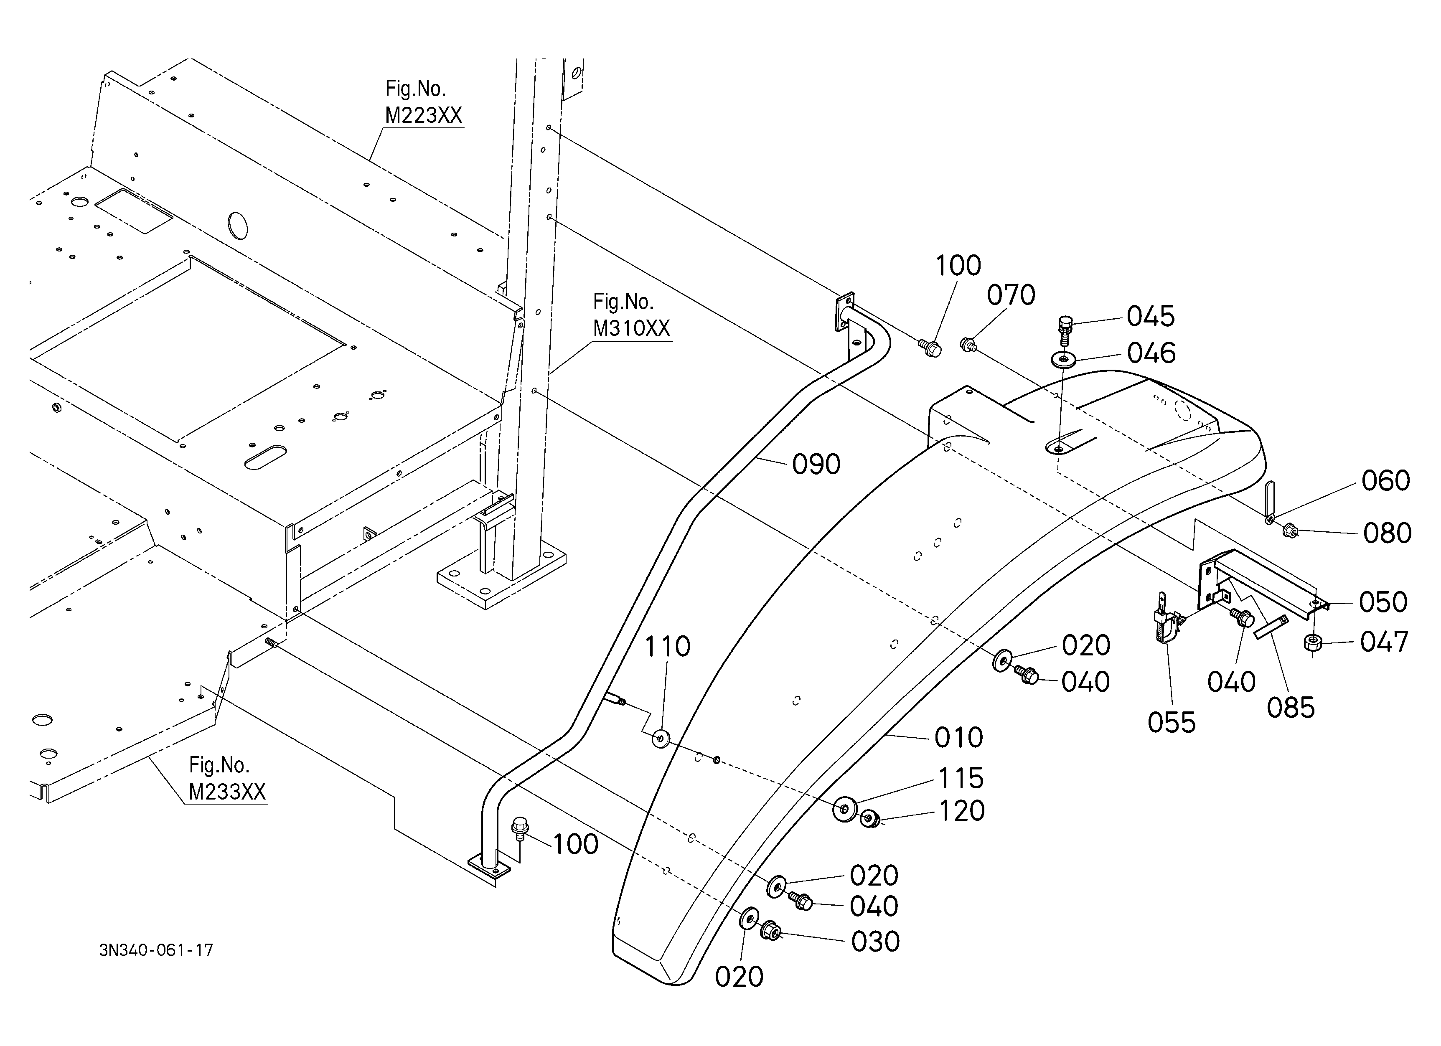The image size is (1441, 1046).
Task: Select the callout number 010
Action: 959,737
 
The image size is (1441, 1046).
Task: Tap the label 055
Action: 1172,722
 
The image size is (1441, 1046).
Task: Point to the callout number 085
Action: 1291,708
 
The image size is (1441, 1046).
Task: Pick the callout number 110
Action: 667,647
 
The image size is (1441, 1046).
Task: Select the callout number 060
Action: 1386,481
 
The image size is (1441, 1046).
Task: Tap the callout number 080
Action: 1388,533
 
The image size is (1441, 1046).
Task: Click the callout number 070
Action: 1011,295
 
